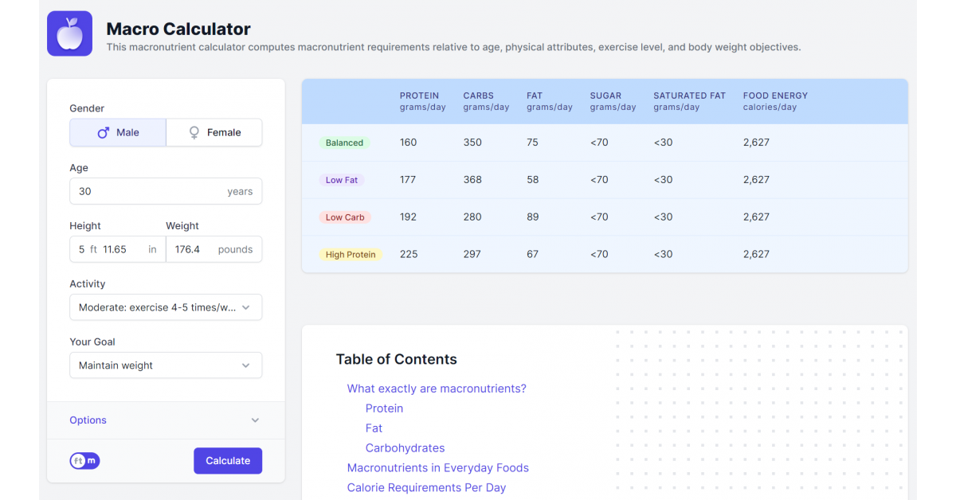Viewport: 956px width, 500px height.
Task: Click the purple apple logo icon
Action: click(x=70, y=33)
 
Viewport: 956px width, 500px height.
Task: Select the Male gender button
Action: click(x=118, y=133)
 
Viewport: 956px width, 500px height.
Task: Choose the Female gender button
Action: click(x=214, y=133)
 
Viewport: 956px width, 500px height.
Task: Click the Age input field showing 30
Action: click(x=151, y=191)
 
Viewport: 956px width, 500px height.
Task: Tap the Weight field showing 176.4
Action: click(x=191, y=249)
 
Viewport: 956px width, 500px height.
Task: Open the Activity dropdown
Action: click(x=166, y=307)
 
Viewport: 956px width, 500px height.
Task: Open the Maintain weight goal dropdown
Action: click(x=166, y=365)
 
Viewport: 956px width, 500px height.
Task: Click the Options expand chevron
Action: click(x=255, y=420)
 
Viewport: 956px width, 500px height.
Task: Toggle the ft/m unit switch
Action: click(x=84, y=461)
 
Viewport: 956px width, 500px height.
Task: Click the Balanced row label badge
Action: click(x=344, y=143)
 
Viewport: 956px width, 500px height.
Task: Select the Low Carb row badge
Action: click(x=344, y=217)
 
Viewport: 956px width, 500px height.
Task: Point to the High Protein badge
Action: click(x=351, y=255)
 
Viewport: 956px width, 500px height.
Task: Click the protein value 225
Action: click(x=408, y=255)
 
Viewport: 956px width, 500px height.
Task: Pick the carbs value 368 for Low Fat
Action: click(x=472, y=180)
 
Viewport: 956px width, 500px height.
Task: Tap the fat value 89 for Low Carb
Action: click(x=533, y=217)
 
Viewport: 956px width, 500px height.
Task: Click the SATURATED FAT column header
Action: click(x=689, y=96)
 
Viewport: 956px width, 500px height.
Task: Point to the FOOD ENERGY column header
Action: click(x=775, y=96)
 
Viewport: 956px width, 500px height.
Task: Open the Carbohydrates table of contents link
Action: click(x=405, y=448)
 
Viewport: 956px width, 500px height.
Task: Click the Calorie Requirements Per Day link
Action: click(x=426, y=488)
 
